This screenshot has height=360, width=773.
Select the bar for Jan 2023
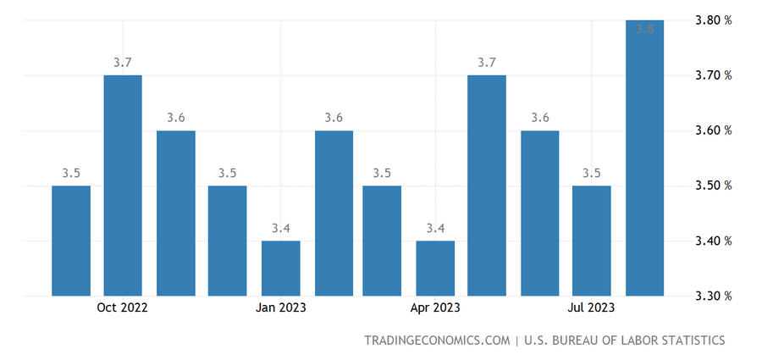(280, 268)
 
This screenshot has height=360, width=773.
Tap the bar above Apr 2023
(435, 268)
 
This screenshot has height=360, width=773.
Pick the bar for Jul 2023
(591, 241)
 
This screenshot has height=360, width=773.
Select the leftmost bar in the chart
(71, 241)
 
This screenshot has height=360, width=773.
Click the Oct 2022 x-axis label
(123, 308)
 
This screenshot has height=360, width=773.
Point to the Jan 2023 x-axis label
(280, 308)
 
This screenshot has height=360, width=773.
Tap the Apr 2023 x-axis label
(435, 308)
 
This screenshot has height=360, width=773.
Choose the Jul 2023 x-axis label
(591, 308)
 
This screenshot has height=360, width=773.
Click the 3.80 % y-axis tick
(714, 20)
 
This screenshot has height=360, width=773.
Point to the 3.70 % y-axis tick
(714, 75)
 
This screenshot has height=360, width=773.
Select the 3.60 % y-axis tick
(714, 130)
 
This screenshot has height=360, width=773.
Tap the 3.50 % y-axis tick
(714, 186)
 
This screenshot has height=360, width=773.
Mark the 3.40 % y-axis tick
(714, 241)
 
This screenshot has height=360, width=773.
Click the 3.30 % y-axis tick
(714, 296)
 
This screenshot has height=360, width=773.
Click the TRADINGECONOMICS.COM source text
(438, 341)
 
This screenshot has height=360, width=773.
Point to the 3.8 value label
(644, 30)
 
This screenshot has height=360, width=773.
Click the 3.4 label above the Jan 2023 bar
(280, 229)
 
